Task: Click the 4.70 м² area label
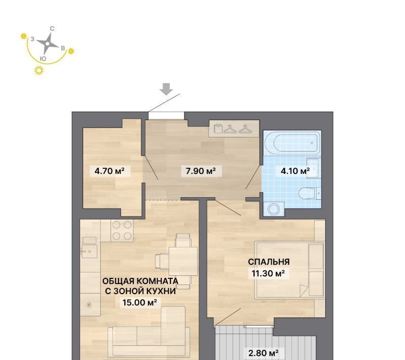pyautogui.click(x=109, y=171)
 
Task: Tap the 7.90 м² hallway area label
pyautogui.click(x=201, y=171)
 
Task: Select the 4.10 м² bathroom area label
pyautogui.click(x=295, y=171)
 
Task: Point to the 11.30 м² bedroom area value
pyautogui.click(x=268, y=273)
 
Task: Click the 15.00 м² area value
pyautogui.click(x=140, y=302)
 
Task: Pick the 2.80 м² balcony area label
pyautogui.click(x=263, y=353)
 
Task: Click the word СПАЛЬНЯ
pyautogui.click(x=269, y=262)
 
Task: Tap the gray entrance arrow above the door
pyautogui.click(x=166, y=89)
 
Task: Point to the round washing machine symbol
pyautogui.click(x=274, y=209)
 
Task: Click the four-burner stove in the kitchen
pyautogui.click(x=122, y=231)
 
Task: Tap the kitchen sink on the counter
pyautogui.click(x=89, y=251)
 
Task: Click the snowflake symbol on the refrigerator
pyautogui.click(x=89, y=305)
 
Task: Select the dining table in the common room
pyautogui.click(x=183, y=262)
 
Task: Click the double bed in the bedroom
pyautogui.click(x=289, y=270)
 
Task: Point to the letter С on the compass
pyautogui.click(x=52, y=29)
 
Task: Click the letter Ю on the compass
pyautogui.click(x=43, y=59)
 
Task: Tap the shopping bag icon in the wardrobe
pyautogui.click(x=218, y=128)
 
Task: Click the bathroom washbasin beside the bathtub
pyautogui.click(x=314, y=168)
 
